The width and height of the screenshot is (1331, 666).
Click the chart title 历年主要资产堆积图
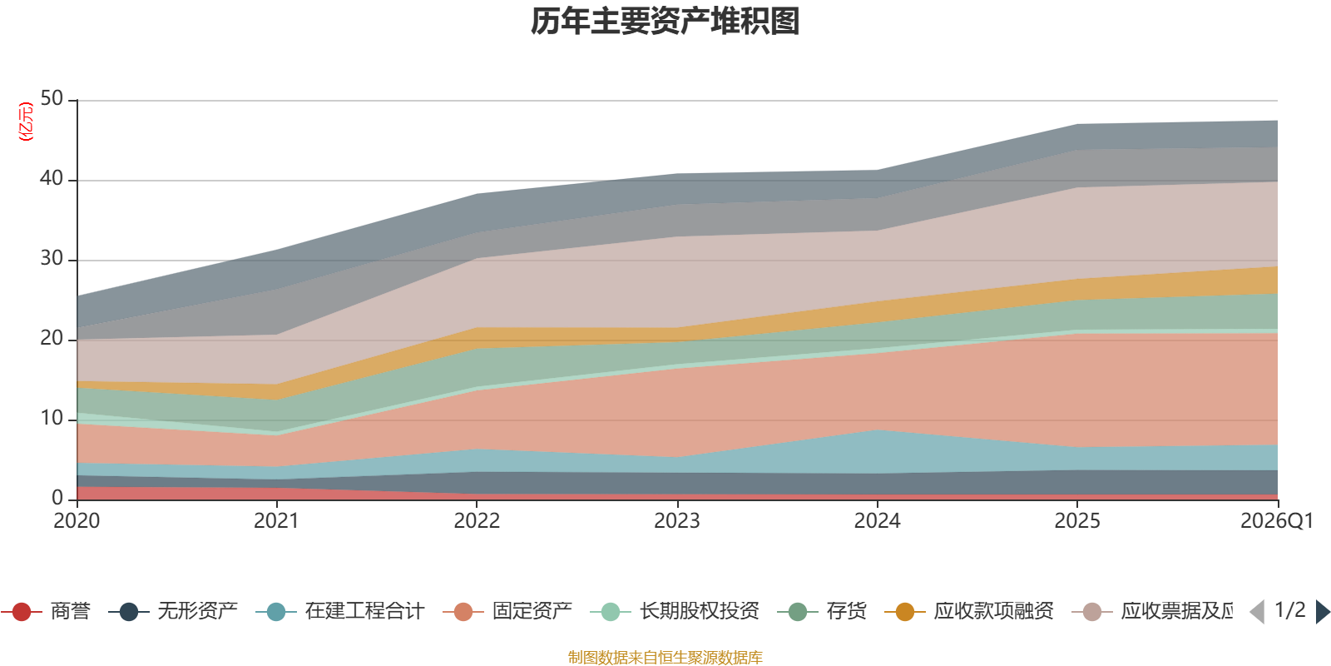[x=665, y=22]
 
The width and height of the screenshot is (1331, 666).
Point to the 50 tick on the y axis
[x=52, y=98]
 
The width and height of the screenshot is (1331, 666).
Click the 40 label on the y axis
[x=52, y=178]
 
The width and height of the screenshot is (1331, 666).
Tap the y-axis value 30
[x=52, y=258]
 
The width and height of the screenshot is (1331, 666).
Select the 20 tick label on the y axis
[x=52, y=338]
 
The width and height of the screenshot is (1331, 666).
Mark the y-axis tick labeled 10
[x=52, y=418]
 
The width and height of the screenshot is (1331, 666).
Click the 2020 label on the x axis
[x=77, y=521]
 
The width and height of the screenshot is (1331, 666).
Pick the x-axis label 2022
[x=477, y=521]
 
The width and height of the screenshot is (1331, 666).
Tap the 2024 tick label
[x=877, y=521]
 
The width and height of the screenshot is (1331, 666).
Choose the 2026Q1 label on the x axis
[x=1276, y=521]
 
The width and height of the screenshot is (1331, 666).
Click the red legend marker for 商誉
[x=22, y=612]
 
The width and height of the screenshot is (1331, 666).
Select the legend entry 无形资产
[x=197, y=612]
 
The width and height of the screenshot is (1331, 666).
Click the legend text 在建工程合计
[x=364, y=612]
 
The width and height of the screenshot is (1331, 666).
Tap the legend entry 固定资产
[x=532, y=612]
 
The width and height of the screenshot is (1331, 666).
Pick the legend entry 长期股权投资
[x=699, y=612]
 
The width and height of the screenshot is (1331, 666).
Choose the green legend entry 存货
[x=846, y=612]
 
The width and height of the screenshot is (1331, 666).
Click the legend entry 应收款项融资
[x=993, y=612]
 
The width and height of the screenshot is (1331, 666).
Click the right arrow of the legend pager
[x=1322, y=612]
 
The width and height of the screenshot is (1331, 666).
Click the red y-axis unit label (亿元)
[x=26, y=122]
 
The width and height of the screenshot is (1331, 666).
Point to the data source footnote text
[x=665, y=658]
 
